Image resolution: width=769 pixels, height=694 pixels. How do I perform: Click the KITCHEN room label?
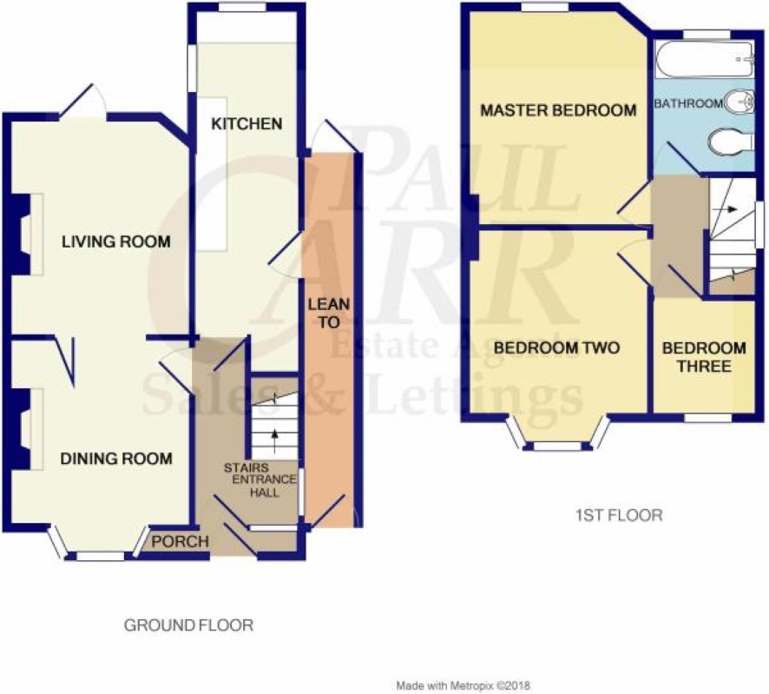coord(246,123)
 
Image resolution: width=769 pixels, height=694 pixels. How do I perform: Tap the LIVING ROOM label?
coord(116,241)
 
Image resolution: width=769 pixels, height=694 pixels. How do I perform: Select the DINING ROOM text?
coord(116,459)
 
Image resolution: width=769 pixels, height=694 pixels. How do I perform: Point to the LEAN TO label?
coord(329,314)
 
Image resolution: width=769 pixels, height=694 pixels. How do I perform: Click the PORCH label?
coord(180,541)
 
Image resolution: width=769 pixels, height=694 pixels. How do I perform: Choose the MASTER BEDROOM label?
coord(559,110)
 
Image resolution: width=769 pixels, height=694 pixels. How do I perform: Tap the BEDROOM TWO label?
coord(556,348)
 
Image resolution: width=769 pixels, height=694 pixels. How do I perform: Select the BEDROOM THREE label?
coord(704,357)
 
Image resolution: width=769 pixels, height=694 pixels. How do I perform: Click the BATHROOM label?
coord(688,103)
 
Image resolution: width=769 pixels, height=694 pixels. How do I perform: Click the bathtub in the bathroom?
coord(704,59)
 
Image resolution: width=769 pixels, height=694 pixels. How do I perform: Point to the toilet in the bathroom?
coord(731,142)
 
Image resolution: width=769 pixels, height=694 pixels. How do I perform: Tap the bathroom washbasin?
coord(739,102)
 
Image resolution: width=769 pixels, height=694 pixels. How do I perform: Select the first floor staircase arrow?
coord(725,209)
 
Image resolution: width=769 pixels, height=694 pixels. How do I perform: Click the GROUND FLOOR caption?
coord(189,625)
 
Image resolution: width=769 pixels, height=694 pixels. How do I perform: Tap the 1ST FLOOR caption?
coord(619,515)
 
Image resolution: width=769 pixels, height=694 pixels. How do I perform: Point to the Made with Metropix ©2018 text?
coord(463,685)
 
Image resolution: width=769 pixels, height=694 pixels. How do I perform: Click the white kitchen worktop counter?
coord(212,175)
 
